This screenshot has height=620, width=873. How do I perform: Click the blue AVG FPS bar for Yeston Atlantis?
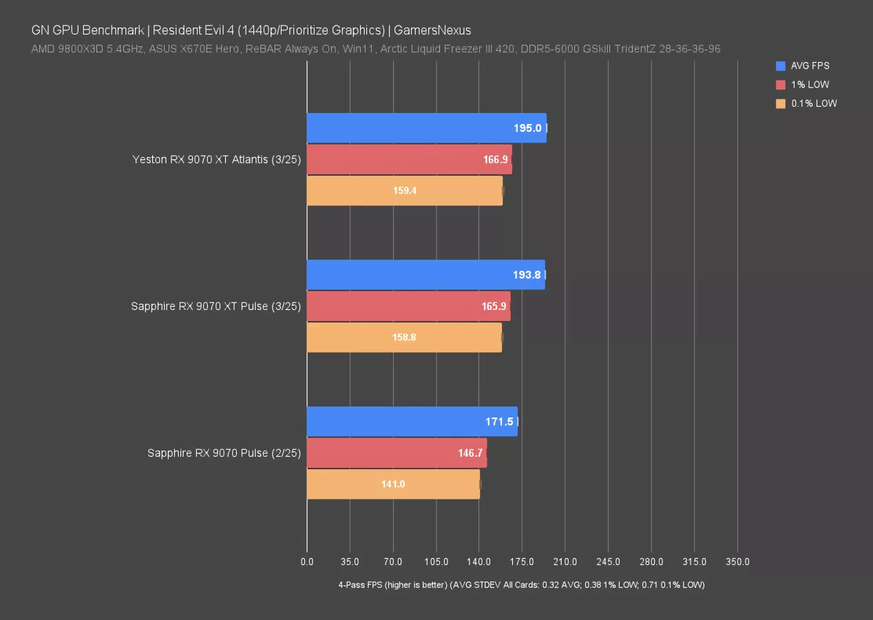click(x=426, y=128)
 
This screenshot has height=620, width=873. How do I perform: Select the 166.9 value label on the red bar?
click(x=495, y=160)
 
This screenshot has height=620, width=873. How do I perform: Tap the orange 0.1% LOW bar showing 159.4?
click(x=404, y=191)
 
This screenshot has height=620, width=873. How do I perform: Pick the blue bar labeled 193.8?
click(x=425, y=275)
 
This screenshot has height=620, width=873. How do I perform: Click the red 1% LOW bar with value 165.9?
click(x=408, y=306)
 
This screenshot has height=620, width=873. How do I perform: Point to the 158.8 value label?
click(x=404, y=338)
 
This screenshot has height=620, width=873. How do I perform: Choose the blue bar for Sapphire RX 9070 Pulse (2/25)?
click(x=412, y=421)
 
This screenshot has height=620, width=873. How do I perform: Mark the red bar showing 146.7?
click(x=397, y=453)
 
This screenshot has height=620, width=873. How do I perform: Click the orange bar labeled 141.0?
click(x=393, y=484)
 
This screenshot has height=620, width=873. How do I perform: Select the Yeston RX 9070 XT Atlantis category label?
click(x=217, y=160)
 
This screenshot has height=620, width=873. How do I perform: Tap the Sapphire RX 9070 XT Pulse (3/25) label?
click(x=216, y=306)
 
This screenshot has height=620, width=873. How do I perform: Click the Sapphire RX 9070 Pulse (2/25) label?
click(x=224, y=453)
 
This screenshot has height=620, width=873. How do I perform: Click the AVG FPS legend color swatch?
click(x=780, y=66)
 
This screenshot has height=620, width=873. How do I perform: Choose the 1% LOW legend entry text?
click(x=810, y=85)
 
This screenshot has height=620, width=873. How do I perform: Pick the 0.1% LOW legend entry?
click(x=814, y=103)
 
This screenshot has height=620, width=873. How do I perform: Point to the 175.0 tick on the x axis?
click(x=522, y=562)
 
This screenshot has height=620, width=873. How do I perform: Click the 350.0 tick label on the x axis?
click(x=737, y=562)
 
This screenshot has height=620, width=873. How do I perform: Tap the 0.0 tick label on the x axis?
click(x=307, y=562)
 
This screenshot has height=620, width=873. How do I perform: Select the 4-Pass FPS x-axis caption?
click(x=521, y=585)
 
